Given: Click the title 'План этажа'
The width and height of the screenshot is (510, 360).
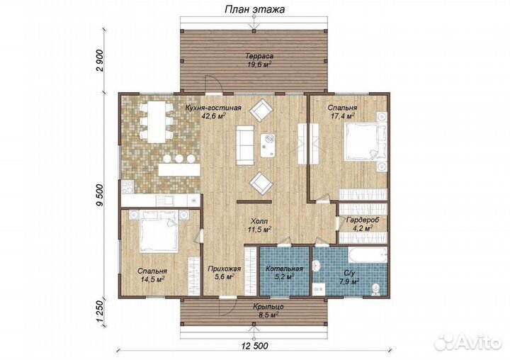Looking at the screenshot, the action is pyautogui.click(x=255, y=9).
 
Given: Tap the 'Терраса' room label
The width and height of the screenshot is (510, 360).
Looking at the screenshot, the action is pyautogui.click(x=259, y=56).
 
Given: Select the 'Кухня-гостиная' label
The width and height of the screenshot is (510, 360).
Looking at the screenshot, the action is pyautogui.click(x=213, y=108).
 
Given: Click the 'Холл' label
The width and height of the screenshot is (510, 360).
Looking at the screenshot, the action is pyautogui.click(x=259, y=221).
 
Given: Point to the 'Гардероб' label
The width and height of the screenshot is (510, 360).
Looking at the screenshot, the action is pyautogui.click(x=363, y=220).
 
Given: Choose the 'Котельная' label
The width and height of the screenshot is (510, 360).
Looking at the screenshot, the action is pyautogui.click(x=284, y=269).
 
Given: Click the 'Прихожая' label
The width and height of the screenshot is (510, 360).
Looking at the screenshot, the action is pyautogui.click(x=225, y=269).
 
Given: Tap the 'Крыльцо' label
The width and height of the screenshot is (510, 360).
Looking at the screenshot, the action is pyautogui.click(x=268, y=307).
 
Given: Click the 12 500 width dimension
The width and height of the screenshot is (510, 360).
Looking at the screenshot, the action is pyautogui.click(x=255, y=345).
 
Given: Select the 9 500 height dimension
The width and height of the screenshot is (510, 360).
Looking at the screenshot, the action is pyautogui.click(x=100, y=195).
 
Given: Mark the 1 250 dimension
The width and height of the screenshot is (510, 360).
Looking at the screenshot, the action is pyautogui.click(x=100, y=311).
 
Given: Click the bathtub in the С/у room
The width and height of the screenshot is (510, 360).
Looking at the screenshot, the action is pyautogui.click(x=368, y=255).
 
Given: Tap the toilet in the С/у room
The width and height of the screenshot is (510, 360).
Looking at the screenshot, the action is pyautogui.click(x=376, y=288).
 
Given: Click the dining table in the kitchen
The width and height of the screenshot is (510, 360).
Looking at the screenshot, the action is pyautogui.click(x=156, y=122).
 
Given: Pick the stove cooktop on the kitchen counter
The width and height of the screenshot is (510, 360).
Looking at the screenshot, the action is pyautogui.click(x=127, y=186).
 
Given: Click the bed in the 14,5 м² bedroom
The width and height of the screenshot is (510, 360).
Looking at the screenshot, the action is pyautogui.click(x=159, y=232).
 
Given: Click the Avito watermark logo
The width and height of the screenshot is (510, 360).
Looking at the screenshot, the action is pyautogui.click(x=468, y=341).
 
